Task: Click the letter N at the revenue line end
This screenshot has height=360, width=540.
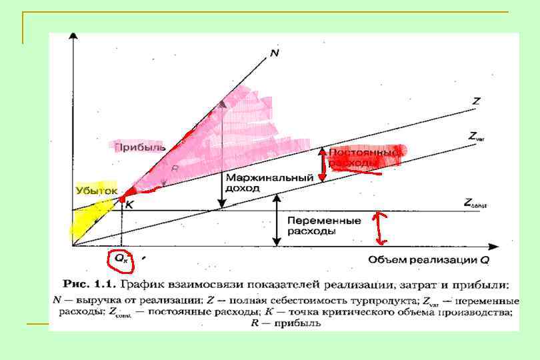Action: [275, 52]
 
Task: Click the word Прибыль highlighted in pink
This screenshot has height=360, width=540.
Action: [139, 146]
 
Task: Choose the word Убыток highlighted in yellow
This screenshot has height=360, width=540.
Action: [96, 191]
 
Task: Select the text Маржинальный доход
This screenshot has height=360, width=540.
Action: [269, 183]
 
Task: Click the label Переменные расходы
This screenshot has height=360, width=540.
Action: [315, 225]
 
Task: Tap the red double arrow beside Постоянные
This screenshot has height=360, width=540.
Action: [322, 165]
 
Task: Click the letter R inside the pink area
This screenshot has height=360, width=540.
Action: [175, 169]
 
